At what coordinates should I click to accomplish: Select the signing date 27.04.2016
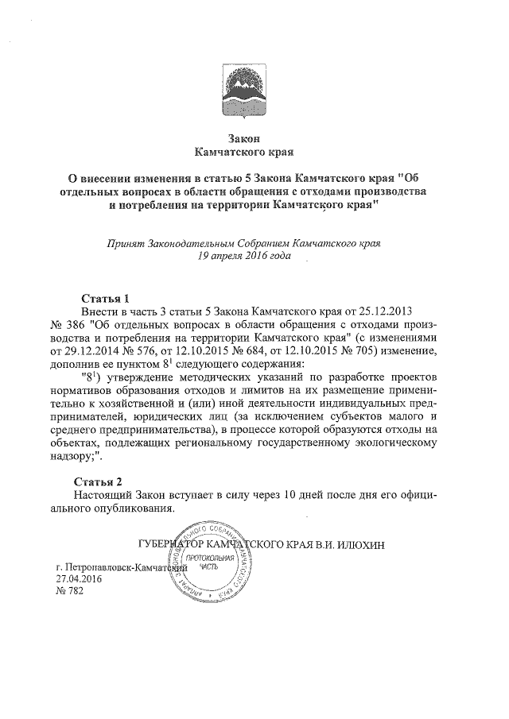[x=79, y=581]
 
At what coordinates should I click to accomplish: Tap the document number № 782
[x=69, y=593]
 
